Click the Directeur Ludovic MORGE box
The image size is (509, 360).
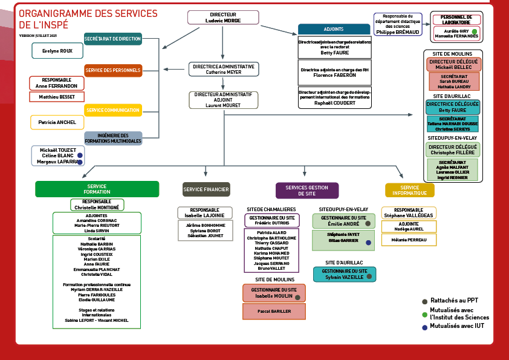(x=223, y=18)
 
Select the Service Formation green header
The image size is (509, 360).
(x=97, y=189)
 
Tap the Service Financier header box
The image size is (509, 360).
(x=206, y=189)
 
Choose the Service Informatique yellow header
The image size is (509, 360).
(x=409, y=190)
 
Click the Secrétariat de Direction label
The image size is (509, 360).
(x=113, y=39)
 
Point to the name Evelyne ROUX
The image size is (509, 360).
(x=57, y=51)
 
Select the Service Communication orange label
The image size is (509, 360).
(x=113, y=110)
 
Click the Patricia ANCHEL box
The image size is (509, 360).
(x=57, y=122)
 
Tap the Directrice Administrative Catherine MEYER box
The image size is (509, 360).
(x=223, y=69)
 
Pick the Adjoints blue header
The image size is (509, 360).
(x=334, y=29)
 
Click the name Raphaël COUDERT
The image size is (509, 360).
(x=334, y=102)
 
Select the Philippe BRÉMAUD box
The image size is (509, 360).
(x=398, y=24)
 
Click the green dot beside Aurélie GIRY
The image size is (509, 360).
(x=475, y=31)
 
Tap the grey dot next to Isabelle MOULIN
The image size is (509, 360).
(x=297, y=298)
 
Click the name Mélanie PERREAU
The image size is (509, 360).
(x=409, y=240)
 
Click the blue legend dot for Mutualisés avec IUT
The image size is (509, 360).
(x=425, y=327)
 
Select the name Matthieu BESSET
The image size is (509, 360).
(x=56, y=97)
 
